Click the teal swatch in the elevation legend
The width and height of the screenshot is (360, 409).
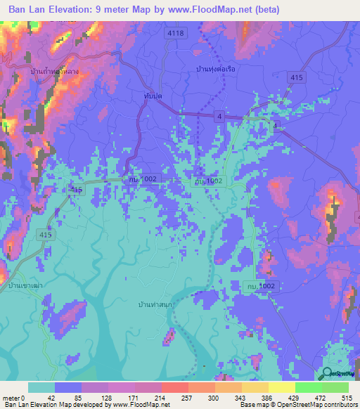[x=41, y=387]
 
